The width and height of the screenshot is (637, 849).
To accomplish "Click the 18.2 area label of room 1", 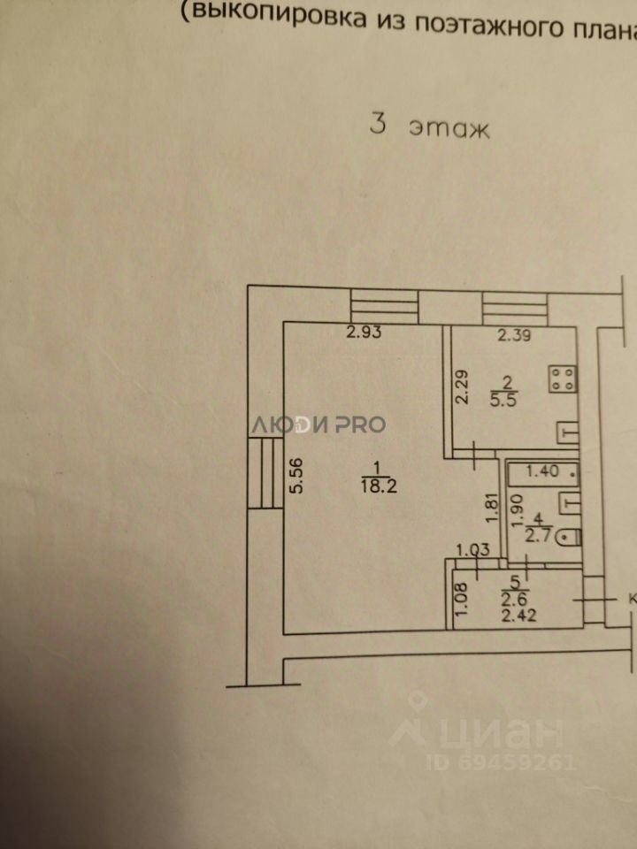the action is click(372, 483).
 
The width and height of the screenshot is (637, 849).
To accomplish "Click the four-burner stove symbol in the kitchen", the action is click(564, 379).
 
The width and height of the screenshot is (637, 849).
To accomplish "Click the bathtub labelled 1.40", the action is click(541, 473).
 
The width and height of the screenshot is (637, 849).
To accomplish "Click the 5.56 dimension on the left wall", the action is click(297, 478).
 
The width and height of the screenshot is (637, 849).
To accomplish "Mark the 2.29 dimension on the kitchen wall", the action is click(460, 386).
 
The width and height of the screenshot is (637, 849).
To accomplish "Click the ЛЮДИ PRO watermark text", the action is click(318, 424).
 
